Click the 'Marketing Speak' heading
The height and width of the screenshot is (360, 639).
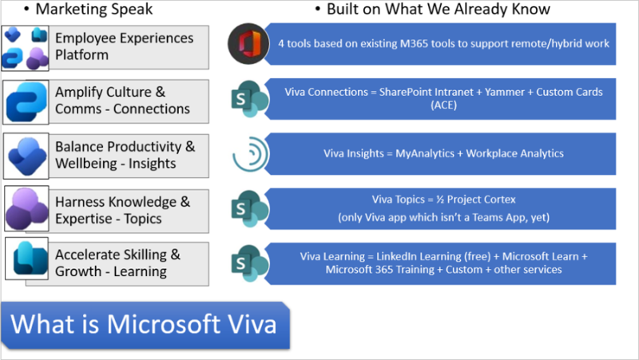94,10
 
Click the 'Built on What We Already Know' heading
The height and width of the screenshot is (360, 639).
438,10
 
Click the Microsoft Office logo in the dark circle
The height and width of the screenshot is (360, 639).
248,44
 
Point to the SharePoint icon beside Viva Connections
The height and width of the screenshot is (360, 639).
248,100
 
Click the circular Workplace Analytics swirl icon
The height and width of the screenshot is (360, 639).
250,154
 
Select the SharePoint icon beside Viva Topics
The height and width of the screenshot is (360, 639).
248,208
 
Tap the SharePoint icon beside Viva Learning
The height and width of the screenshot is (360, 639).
248,263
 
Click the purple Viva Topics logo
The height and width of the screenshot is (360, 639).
26,210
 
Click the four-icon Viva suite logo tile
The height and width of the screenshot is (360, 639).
26,47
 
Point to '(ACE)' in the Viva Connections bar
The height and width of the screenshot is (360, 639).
443,105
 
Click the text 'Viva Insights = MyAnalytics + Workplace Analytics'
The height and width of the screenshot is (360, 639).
443,153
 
